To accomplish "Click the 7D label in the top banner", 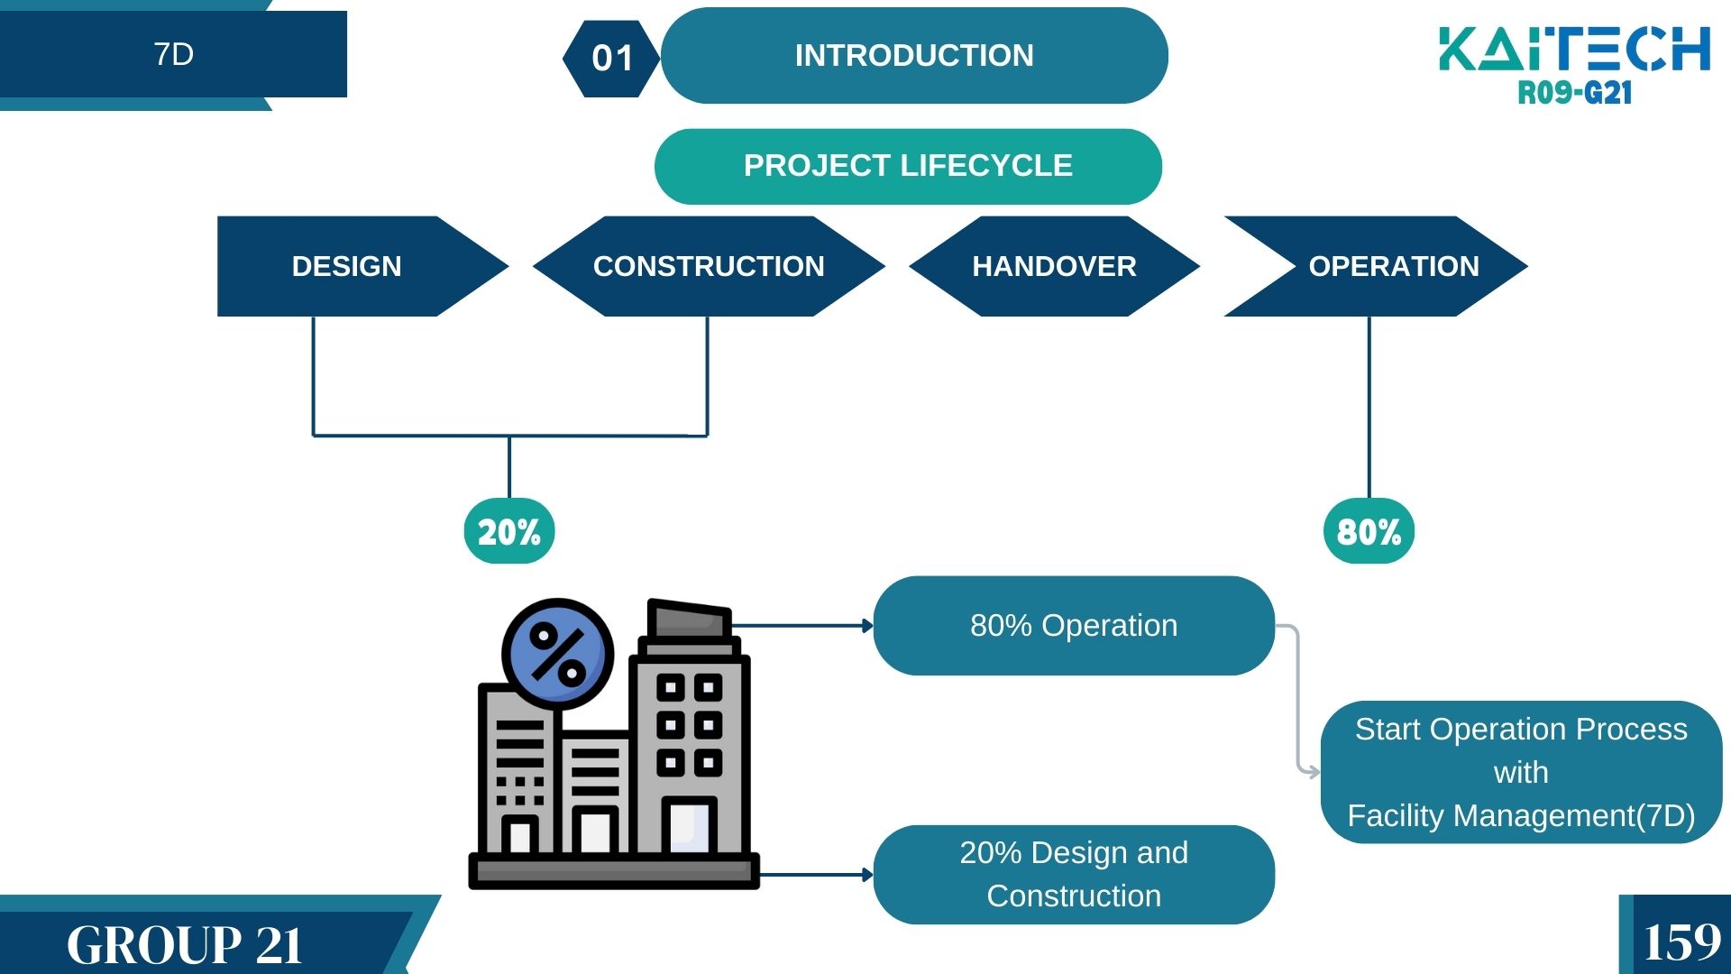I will tap(173, 54).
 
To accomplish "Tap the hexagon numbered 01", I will tap(612, 59).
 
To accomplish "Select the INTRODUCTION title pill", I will tap(914, 56).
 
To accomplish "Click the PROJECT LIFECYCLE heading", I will tap(908, 166).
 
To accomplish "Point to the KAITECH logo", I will tap(1574, 49).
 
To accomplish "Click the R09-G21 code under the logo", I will tap(1574, 93).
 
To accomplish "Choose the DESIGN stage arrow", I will tap(347, 266).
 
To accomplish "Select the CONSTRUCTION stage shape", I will tap(709, 266).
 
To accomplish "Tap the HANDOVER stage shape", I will tap(1054, 266).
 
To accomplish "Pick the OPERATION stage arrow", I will tap(1393, 266).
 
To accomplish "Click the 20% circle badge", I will tap(509, 531).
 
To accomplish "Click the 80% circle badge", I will tap(1369, 531).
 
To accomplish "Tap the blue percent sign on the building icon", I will tap(558, 655).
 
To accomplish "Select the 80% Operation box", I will tap(1074, 626).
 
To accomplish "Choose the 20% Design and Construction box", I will tap(1074, 874).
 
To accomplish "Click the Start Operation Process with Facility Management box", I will tap(1521, 772).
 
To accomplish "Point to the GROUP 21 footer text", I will tap(185, 944).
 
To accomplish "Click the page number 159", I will tap(1681, 942).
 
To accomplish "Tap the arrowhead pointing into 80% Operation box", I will tap(867, 626).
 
